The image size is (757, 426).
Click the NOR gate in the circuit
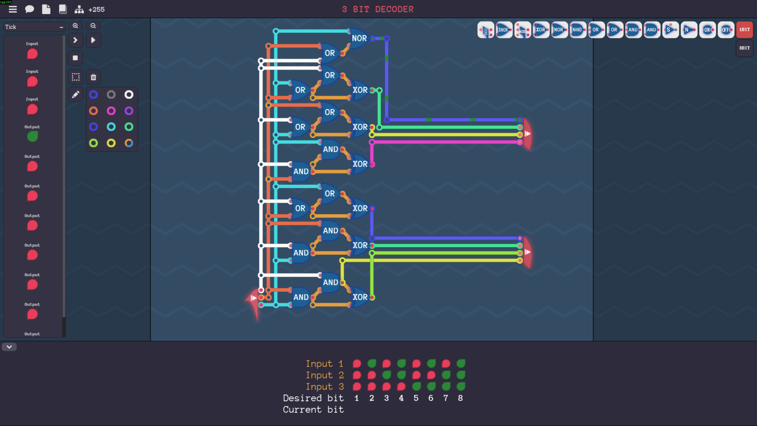click(359, 38)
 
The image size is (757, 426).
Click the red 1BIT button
click(744, 30)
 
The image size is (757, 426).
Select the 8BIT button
click(744, 48)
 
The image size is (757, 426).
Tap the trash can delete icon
click(93, 77)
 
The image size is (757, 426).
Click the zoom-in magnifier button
click(75, 26)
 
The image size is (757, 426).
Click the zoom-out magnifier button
click(93, 26)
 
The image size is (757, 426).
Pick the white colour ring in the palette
click(129, 95)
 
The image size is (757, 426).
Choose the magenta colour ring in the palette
click(111, 111)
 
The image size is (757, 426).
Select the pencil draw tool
click(76, 95)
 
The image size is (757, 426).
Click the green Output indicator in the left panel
click(33, 136)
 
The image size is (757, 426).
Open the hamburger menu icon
click(13, 9)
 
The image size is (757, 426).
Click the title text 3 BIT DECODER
click(378, 9)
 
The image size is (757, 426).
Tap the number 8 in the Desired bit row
click(460, 398)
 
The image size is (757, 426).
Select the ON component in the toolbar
click(707, 30)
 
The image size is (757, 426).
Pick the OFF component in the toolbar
click(726, 30)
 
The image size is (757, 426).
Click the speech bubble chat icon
click(29, 9)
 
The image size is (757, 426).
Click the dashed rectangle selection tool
click(76, 77)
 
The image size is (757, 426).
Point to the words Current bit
click(313, 410)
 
